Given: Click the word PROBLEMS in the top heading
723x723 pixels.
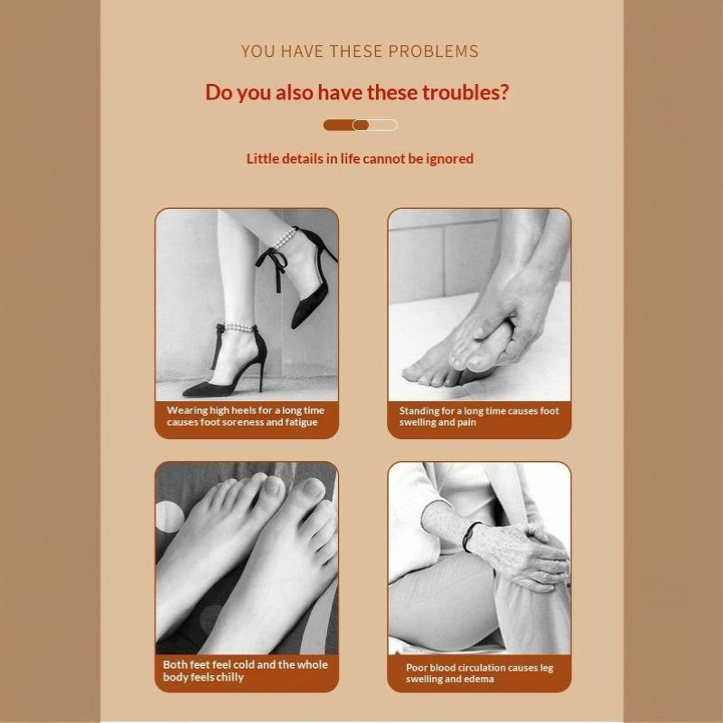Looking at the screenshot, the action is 434,52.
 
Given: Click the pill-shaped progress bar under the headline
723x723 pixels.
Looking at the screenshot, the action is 360,125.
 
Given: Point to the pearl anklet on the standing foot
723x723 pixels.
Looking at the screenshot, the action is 239,327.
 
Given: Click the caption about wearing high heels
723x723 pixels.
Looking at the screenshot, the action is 245,416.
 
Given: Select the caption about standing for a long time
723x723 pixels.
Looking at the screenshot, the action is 479,417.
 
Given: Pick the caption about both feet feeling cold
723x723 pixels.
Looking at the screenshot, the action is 245,671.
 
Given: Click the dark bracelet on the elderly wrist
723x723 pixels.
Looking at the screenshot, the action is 470,536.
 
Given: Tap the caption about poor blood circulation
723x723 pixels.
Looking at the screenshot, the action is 480,673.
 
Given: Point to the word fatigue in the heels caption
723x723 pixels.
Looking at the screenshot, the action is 302,422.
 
